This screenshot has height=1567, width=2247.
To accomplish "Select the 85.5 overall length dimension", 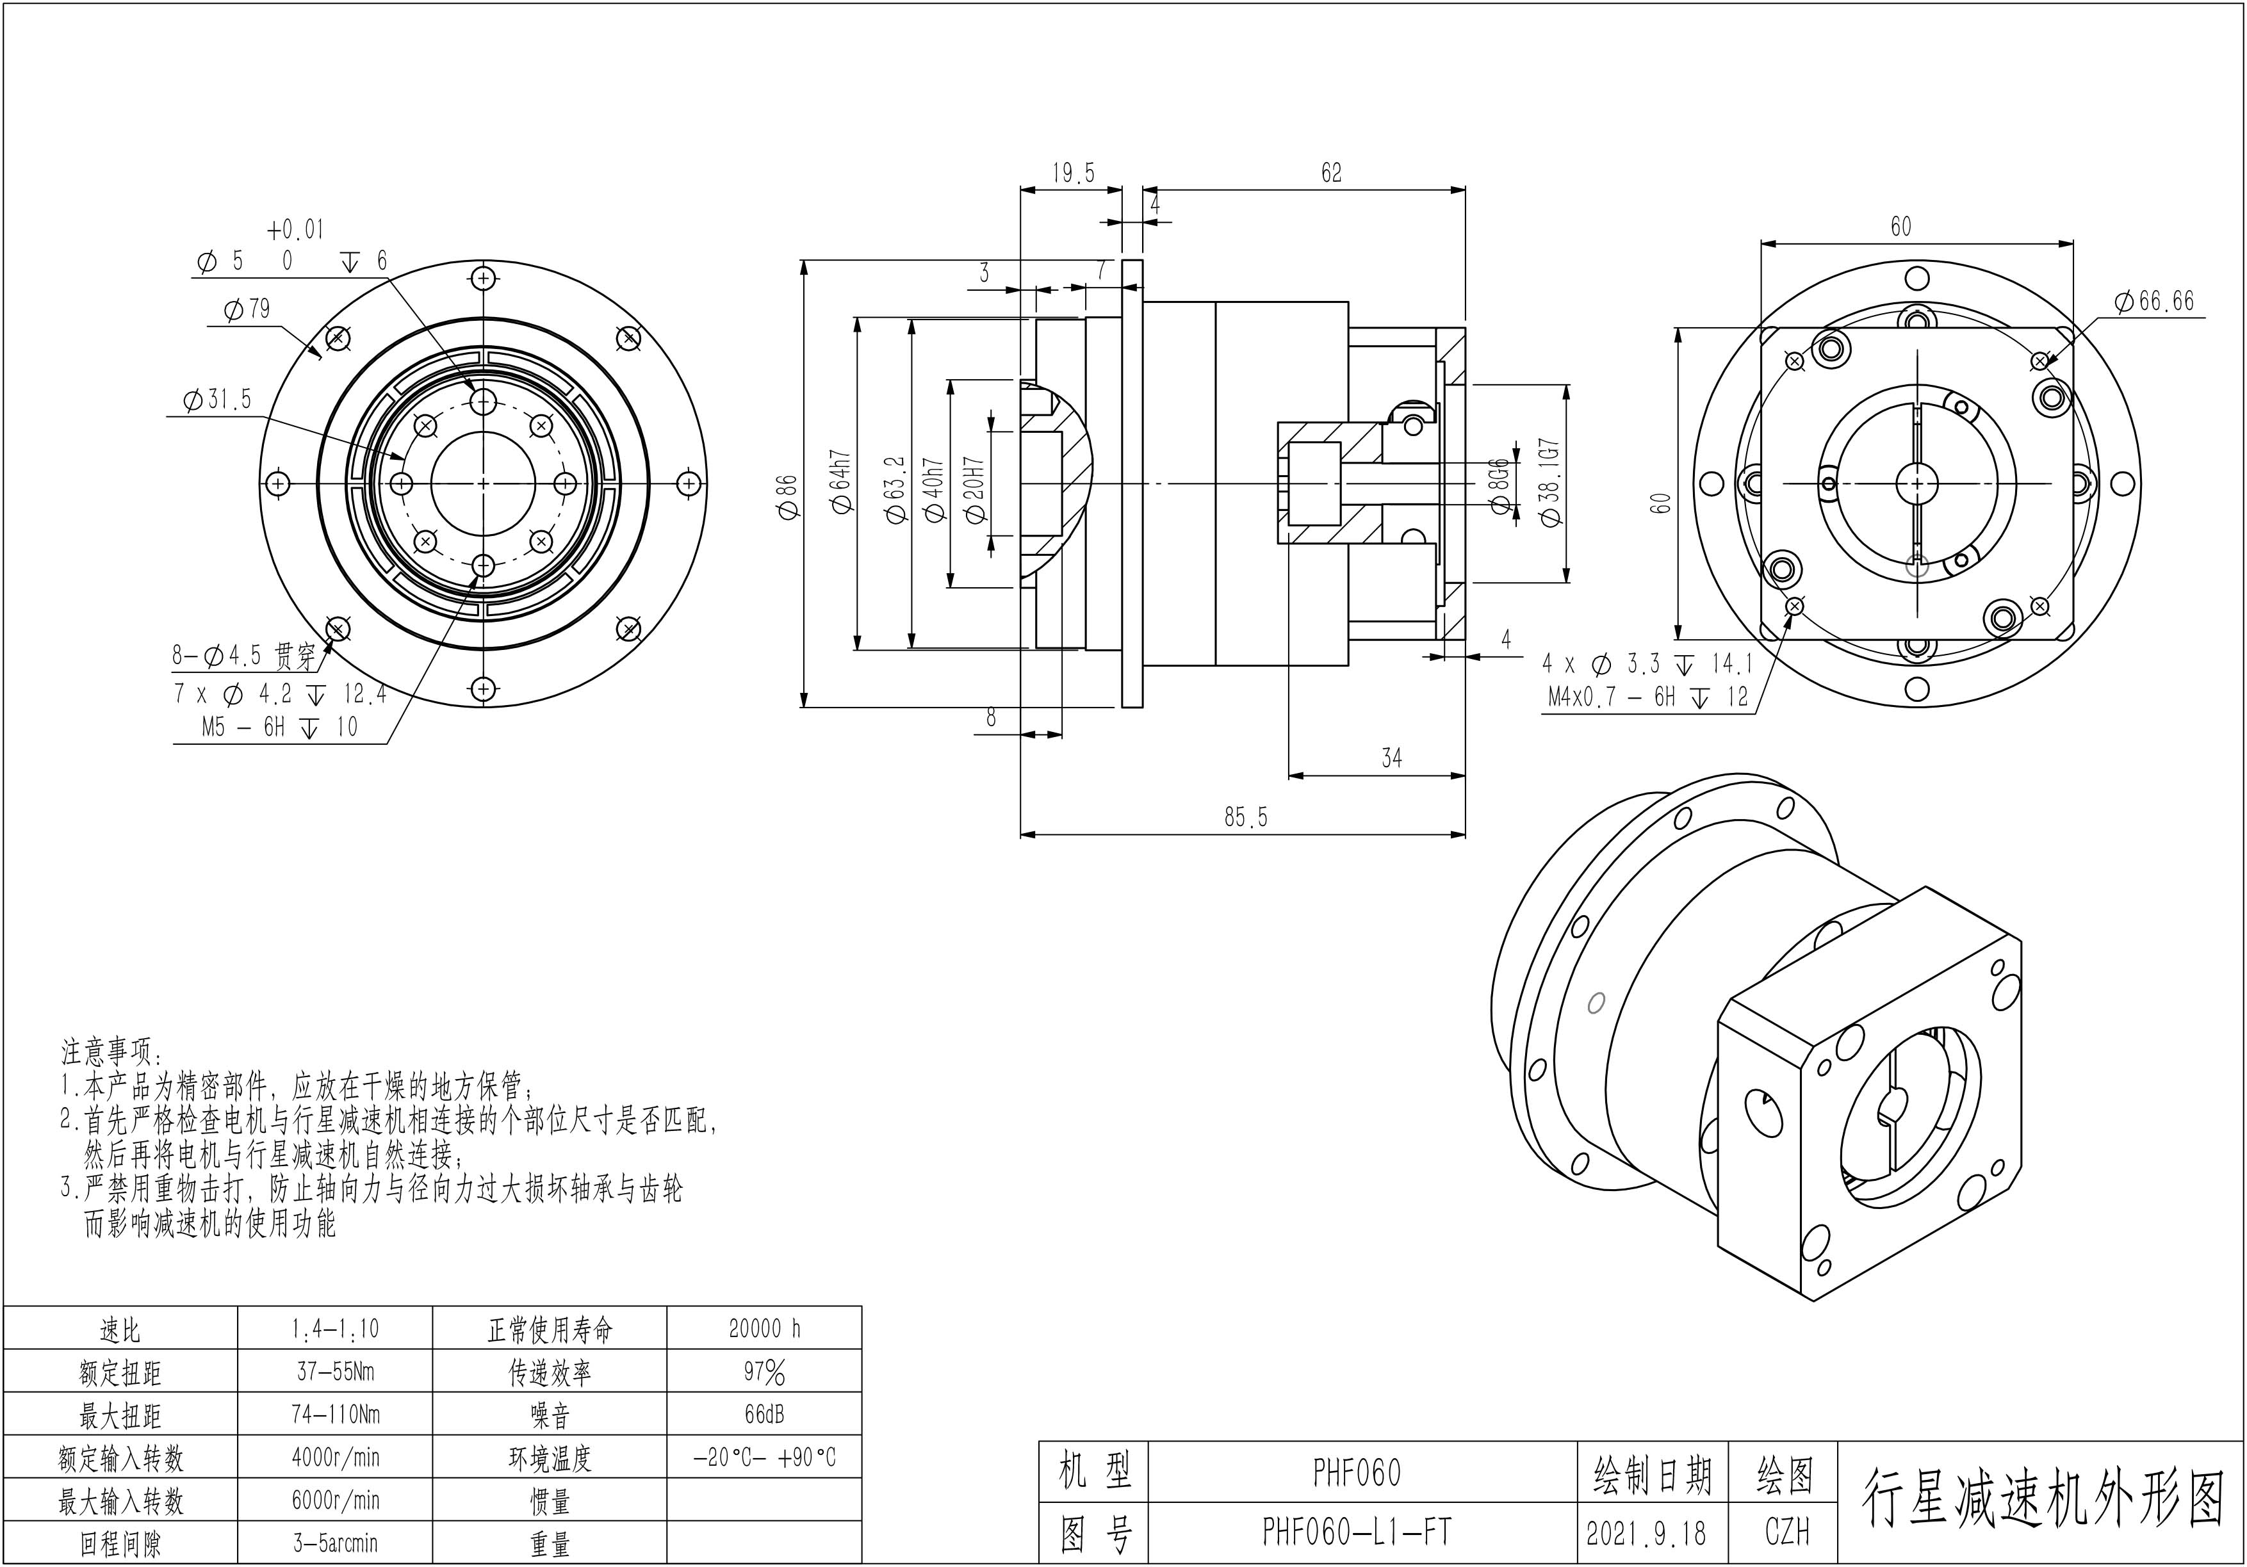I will pos(1245,816).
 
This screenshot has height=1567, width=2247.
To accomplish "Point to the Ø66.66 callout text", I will pos(2154,301).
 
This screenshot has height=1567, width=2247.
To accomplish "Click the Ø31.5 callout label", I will pos(217,399).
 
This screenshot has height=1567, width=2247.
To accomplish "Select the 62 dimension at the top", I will pos(1331,173).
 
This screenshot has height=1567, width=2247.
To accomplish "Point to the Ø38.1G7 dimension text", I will pos(1549,482).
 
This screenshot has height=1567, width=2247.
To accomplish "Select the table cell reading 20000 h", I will pos(764,1328).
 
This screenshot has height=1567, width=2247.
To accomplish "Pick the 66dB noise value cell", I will pos(764,1415).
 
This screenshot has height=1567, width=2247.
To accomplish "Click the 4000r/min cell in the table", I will pos(335,1457).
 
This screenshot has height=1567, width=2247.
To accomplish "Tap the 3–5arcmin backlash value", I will pos(335,1543).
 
